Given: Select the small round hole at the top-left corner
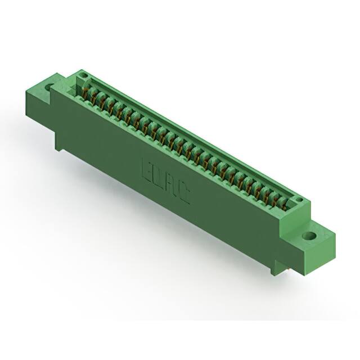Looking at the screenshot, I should [x=82, y=75].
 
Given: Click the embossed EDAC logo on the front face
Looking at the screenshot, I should [x=164, y=180].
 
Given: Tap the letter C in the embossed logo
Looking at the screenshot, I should [x=183, y=194].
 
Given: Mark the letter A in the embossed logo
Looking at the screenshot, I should [x=170, y=185].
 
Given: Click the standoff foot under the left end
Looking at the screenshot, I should [x=58, y=143].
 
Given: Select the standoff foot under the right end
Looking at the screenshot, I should [x=276, y=268].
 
